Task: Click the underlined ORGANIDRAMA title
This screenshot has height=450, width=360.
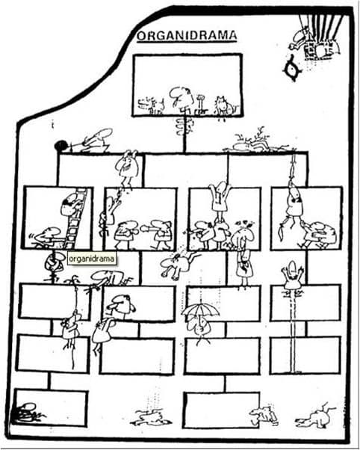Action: (x=187, y=36)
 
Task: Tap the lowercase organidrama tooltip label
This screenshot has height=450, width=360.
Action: (x=92, y=259)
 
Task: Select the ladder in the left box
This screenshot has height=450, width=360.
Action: (x=75, y=219)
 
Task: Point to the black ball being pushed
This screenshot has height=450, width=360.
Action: (x=60, y=146)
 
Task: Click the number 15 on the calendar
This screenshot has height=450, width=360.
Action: (x=329, y=52)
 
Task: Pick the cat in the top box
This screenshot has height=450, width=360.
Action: (x=225, y=106)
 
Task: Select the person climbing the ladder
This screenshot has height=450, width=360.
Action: (x=69, y=204)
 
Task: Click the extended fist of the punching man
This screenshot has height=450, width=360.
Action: (x=144, y=229)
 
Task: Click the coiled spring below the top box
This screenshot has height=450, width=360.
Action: (x=184, y=126)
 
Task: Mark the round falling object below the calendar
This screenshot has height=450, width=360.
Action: (x=293, y=68)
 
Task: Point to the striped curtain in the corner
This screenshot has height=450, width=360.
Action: (x=322, y=27)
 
